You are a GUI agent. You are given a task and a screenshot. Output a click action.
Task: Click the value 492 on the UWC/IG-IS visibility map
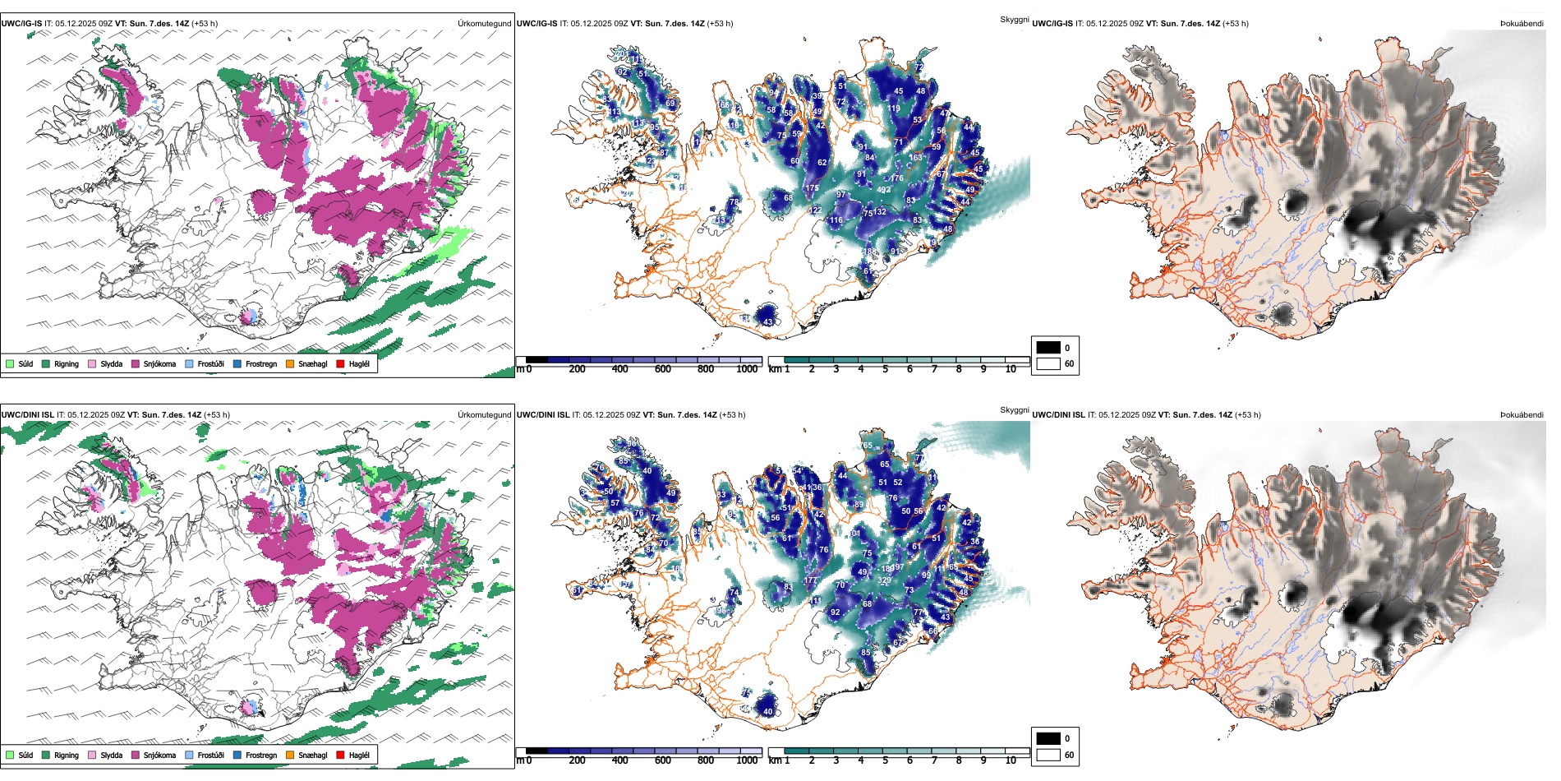pyautogui.click(x=884, y=190)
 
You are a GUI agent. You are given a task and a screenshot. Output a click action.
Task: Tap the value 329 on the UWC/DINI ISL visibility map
pyautogui.click(x=884, y=580)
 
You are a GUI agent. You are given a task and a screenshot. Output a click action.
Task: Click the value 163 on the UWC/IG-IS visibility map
pyautogui.click(x=915, y=158)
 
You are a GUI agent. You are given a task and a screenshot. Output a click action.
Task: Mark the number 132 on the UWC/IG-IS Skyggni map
pyautogui.click(x=880, y=212)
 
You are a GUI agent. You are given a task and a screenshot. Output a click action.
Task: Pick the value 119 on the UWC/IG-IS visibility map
pyautogui.click(x=893, y=109)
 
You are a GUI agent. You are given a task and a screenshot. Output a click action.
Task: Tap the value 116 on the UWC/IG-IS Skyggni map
pyautogui.click(x=836, y=220)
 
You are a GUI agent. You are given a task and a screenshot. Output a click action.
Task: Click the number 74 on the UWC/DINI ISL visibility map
pyautogui.click(x=734, y=592)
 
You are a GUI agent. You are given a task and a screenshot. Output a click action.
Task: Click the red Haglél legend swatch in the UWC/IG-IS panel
pyautogui.click(x=341, y=364)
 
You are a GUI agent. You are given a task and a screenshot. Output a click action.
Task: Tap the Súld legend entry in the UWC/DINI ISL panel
pyautogui.click(x=20, y=755)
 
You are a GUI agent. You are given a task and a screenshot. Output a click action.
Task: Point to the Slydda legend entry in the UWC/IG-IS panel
pyautogui.click(x=106, y=364)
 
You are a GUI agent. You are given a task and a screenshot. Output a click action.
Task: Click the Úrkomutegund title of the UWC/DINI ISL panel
pyautogui.click(x=484, y=415)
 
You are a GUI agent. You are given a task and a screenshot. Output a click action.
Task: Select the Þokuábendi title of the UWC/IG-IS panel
pyautogui.click(x=1522, y=24)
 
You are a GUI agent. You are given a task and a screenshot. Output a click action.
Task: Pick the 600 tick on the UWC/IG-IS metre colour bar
pyautogui.click(x=663, y=369)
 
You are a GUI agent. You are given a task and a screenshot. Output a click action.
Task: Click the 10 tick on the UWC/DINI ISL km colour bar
pyautogui.click(x=1011, y=760)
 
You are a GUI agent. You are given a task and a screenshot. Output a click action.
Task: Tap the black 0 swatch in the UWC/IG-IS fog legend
pyautogui.click(x=1048, y=348)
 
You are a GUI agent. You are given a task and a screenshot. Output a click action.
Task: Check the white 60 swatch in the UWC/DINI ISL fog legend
pyautogui.click(x=1048, y=755)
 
